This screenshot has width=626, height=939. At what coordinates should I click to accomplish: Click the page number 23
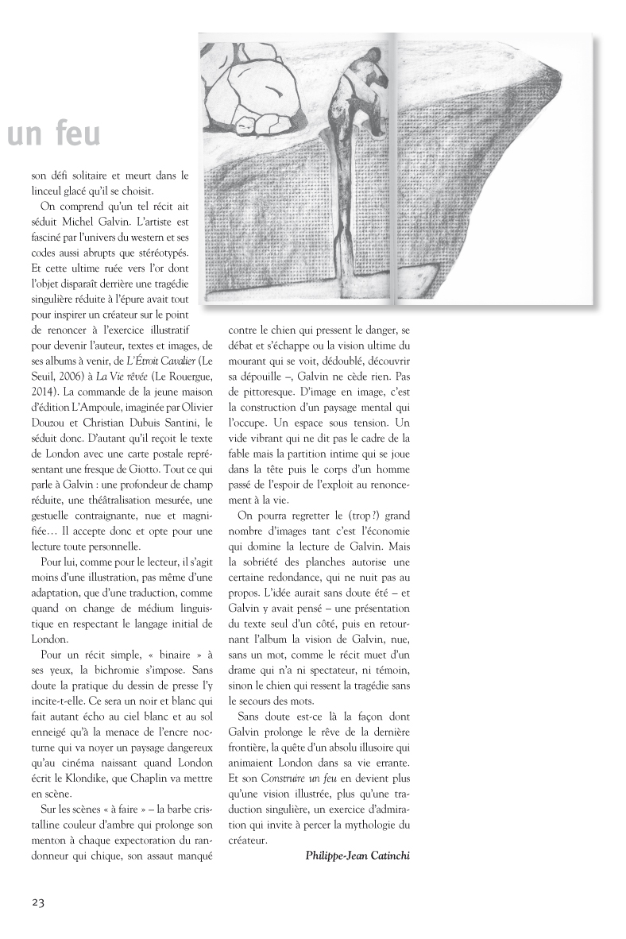(39, 902)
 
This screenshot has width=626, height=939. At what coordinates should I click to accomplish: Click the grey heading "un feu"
(54, 135)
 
